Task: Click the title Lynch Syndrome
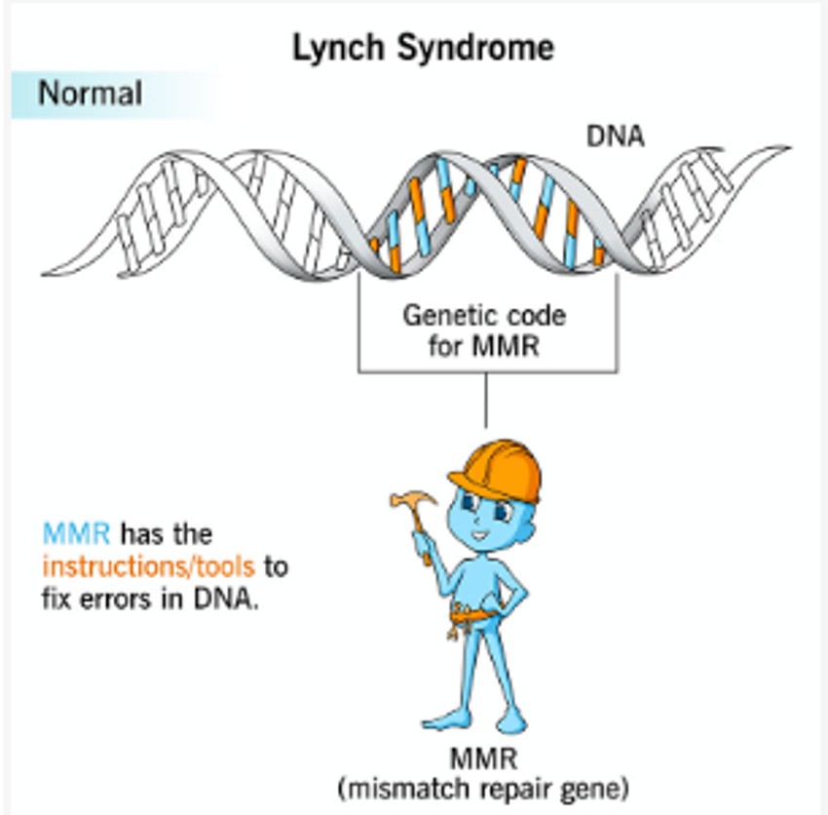[x=423, y=48]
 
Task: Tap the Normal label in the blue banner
[x=90, y=94]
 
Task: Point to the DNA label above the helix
[x=615, y=136]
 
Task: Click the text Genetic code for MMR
[x=484, y=330]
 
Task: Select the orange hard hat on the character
[x=496, y=468]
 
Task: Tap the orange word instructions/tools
[x=148, y=565]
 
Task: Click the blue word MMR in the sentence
[x=76, y=533]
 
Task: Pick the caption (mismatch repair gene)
[x=483, y=788]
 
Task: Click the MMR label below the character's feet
[x=483, y=758]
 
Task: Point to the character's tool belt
[x=475, y=616]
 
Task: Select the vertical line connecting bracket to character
[x=485, y=400]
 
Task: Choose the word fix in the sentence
[x=56, y=598]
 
